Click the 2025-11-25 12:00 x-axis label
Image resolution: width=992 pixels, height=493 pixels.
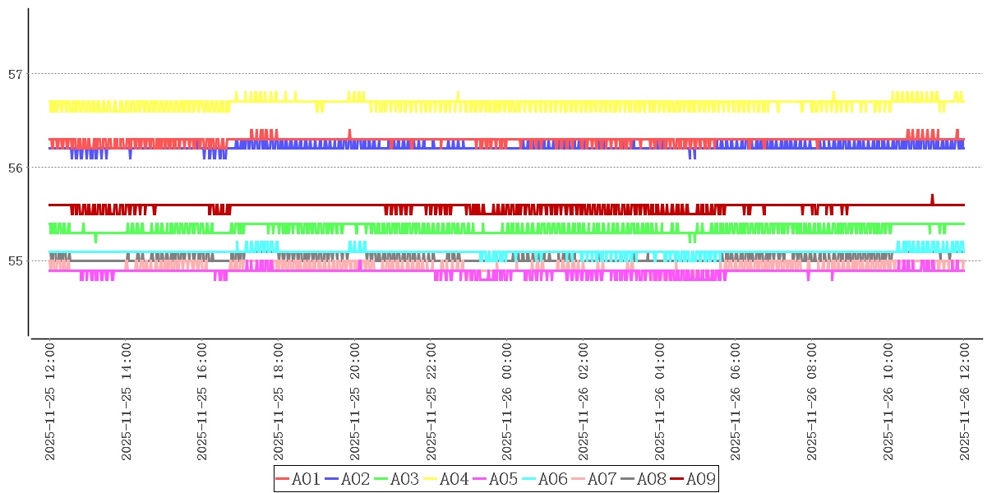click(x=49, y=402)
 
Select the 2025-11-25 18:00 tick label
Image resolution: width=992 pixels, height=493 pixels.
click(x=278, y=402)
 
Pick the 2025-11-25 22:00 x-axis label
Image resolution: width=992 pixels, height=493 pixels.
click(x=431, y=402)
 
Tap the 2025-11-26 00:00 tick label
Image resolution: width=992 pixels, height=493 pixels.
click(x=507, y=402)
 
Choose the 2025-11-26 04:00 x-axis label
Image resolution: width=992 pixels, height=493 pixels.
click(x=659, y=402)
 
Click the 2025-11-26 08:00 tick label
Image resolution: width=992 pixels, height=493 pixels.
click(x=812, y=402)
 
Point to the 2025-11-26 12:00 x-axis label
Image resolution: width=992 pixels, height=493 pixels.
click(x=964, y=402)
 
